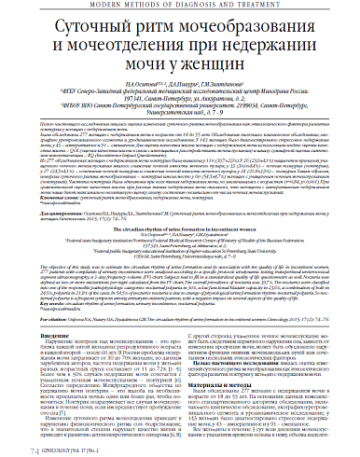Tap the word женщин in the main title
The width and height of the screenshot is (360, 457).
click(211, 67)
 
